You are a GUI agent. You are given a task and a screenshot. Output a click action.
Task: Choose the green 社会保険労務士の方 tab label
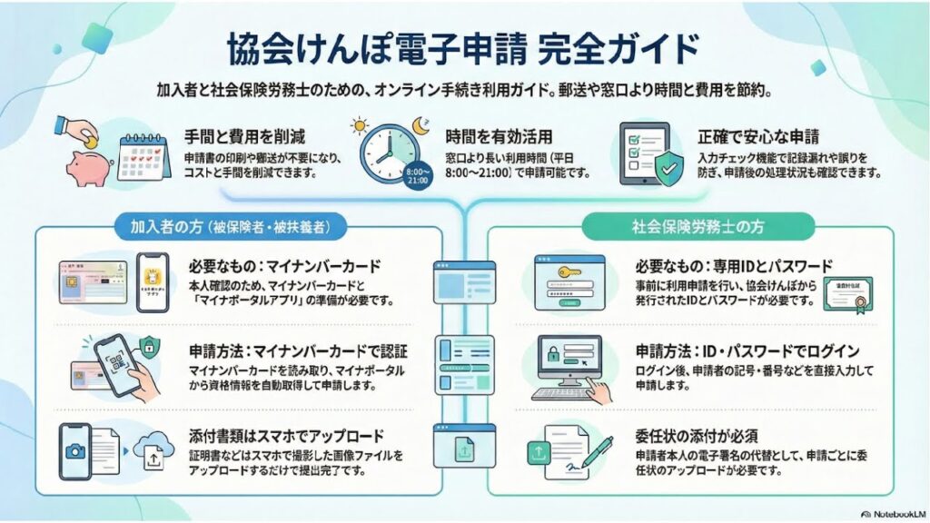698,224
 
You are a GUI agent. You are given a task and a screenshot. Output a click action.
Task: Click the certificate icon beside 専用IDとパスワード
846,293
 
